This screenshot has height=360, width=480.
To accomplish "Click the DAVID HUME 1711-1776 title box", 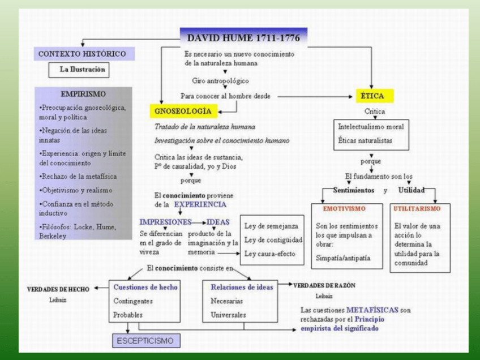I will [x=244, y=38].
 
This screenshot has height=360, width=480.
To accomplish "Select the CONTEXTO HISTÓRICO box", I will [x=82, y=54].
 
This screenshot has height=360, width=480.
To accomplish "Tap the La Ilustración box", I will [x=83, y=70].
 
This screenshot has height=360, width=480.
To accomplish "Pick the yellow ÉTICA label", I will [x=372, y=96].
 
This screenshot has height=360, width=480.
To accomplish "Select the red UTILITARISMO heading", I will [x=417, y=209].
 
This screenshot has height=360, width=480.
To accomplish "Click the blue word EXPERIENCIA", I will [x=200, y=204].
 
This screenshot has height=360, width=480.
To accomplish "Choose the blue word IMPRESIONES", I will [x=165, y=221].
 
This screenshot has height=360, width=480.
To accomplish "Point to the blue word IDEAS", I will [x=218, y=221].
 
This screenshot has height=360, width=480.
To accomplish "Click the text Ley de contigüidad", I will [x=273, y=239].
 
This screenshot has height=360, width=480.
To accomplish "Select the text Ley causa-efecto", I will [x=269, y=254].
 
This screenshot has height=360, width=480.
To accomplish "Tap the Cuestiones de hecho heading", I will [x=145, y=287].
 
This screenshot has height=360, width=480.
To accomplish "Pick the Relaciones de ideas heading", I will [x=242, y=287].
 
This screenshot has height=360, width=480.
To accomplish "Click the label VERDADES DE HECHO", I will [x=58, y=289].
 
